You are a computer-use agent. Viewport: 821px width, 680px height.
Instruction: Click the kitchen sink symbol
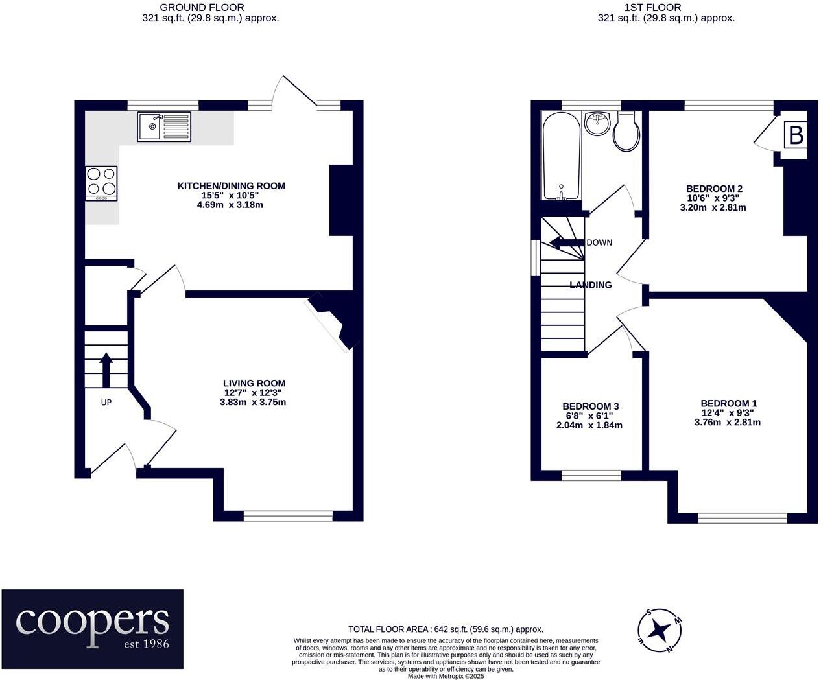[x=164, y=126]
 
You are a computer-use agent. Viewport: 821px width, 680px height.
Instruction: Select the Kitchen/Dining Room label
[x=232, y=186]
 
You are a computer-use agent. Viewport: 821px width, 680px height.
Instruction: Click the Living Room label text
[x=254, y=383]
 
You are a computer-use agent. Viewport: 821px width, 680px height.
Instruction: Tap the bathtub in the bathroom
[x=561, y=156]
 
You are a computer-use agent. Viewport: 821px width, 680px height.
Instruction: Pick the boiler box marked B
[x=796, y=135]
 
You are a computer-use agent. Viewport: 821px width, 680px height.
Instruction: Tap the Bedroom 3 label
[x=590, y=406]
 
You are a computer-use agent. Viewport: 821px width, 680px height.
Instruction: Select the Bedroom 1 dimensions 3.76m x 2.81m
[x=728, y=422]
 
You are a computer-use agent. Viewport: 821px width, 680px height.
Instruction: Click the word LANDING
[x=591, y=285]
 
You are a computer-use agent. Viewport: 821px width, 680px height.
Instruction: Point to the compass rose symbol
[x=660, y=629]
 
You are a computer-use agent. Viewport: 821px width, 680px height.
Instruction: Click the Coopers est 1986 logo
[x=92, y=628]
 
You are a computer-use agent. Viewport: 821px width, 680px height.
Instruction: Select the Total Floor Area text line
[x=446, y=629]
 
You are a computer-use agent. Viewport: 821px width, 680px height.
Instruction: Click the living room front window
[x=288, y=516]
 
